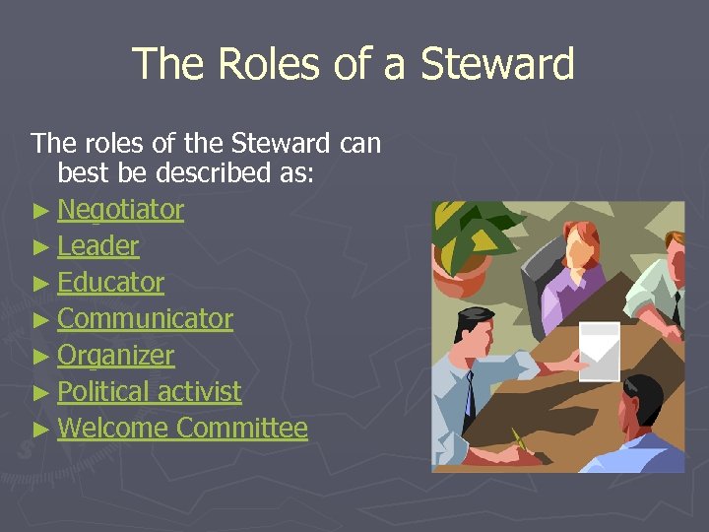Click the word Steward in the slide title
click(496, 64)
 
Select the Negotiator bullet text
click(120, 210)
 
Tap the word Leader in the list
click(97, 246)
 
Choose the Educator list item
click(110, 283)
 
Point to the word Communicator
click(145, 319)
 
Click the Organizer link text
click(115, 356)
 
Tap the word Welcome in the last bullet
click(113, 429)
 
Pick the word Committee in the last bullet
click(242, 429)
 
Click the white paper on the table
click(599, 350)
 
